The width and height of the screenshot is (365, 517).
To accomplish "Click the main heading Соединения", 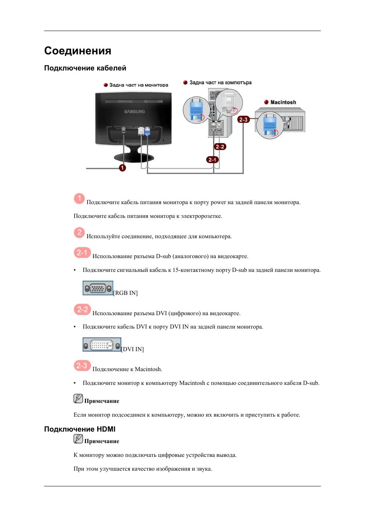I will [78, 51].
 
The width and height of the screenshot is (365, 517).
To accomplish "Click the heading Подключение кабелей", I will [85, 68].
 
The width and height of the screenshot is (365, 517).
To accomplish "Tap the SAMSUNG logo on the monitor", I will [134, 111].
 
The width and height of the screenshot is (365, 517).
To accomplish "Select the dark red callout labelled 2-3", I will [243, 119].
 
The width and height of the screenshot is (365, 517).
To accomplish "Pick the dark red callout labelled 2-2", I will [220, 147].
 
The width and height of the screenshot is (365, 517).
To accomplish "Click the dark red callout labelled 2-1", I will [212, 160].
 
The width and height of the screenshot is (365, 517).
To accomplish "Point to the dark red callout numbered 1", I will [122, 168].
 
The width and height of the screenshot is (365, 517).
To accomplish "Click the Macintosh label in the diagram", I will [283, 102].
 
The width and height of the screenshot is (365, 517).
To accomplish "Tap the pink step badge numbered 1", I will [79, 198].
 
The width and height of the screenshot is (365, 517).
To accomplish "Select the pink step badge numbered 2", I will [79, 232].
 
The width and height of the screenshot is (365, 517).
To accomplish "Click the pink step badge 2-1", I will [82, 252].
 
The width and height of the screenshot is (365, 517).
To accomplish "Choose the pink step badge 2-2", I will [82, 309].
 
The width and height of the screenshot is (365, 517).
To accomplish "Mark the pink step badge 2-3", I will [82, 366].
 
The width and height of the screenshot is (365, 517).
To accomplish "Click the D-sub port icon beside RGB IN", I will [98, 288].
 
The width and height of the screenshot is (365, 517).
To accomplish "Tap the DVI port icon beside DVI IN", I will [102, 345].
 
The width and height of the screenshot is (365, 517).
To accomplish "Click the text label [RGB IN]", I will [125, 293].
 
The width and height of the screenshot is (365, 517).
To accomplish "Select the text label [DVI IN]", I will [133, 349].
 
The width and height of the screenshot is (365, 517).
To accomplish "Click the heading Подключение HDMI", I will [80, 429].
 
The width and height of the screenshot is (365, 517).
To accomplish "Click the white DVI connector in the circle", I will [229, 102].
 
